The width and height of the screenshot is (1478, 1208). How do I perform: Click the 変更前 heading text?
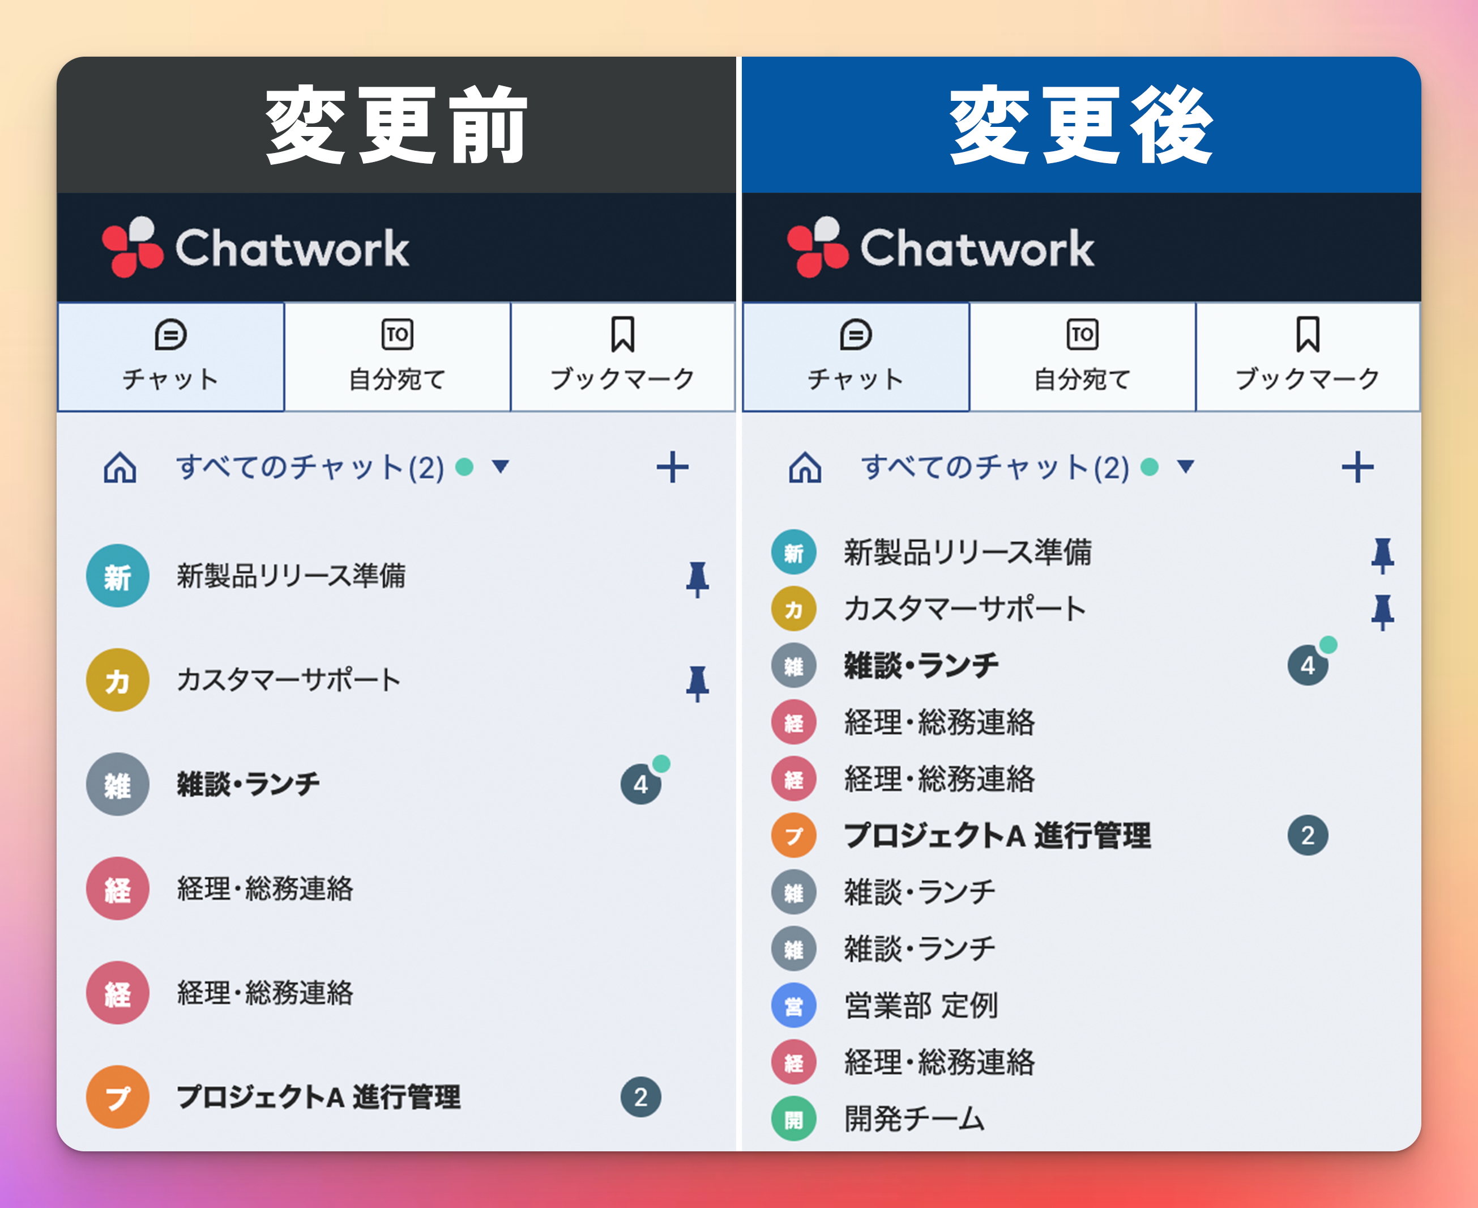396,125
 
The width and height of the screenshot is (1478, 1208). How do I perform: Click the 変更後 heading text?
1082,125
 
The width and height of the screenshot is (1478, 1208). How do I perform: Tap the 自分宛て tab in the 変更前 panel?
397,357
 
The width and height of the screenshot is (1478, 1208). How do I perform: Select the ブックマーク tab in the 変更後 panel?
1308,357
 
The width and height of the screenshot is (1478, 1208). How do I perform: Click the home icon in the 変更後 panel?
805,467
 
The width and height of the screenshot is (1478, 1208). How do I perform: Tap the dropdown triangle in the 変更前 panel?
500,466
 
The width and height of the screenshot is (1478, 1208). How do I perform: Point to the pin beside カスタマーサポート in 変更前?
698,683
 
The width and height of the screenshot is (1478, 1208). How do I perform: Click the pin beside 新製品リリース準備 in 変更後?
1383,555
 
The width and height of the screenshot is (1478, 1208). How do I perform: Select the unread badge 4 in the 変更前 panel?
640,784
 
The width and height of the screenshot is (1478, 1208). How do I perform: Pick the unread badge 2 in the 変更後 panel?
1308,835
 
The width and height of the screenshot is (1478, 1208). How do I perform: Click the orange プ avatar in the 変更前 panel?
118,1097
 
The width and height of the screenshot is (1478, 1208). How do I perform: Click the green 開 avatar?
793,1119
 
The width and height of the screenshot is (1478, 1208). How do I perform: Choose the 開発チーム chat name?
915,1119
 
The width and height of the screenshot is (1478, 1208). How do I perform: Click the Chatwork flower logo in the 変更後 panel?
818,247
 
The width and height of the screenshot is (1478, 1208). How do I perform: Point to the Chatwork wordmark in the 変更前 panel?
292,248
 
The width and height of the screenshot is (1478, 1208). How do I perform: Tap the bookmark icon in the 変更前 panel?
622,335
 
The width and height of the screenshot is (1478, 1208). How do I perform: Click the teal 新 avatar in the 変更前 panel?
118,576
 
